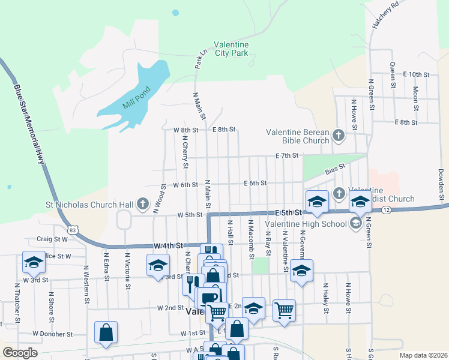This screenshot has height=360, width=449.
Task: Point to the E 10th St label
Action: point(417,74)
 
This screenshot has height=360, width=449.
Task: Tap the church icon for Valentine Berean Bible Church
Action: point(338,135)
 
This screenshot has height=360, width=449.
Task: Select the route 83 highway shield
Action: point(73,229)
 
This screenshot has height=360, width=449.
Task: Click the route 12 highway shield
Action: point(385,209)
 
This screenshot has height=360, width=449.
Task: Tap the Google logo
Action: point(20,353)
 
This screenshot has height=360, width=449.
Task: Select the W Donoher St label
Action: point(52,334)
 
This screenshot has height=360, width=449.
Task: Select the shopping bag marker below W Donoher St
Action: point(106,334)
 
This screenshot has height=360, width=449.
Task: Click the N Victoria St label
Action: point(127,271)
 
